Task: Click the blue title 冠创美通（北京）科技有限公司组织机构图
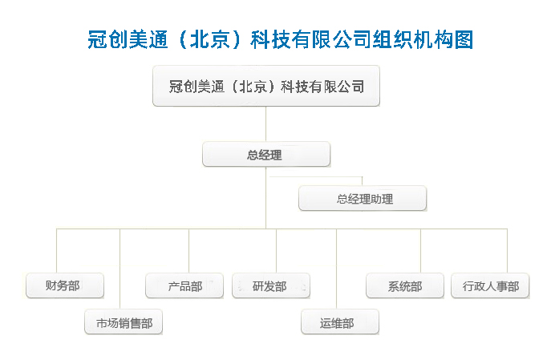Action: [x=281, y=39]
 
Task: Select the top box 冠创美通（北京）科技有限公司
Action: [x=266, y=86]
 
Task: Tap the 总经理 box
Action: [x=266, y=154]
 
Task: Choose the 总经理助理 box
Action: [x=363, y=198]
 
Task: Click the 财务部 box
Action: [x=65, y=285]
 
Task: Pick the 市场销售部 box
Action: [x=124, y=322]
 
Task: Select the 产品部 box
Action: [x=184, y=285]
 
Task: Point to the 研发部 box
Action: [x=271, y=285]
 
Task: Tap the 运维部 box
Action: [x=340, y=322]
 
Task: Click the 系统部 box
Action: [x=405, y=285]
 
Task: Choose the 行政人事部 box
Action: [x=490, y=285]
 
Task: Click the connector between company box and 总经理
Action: [x=265, y=123]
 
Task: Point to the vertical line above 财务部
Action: [x=57, y=251]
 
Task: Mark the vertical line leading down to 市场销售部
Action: [x=120, y=269]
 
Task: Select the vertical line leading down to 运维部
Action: [x=336, y=269]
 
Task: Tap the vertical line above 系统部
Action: [x=420, y=251]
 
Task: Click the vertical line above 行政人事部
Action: [x=507, y=251]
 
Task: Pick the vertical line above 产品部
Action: [x=188, y=251]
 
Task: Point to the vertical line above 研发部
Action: [x=276, y=251]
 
